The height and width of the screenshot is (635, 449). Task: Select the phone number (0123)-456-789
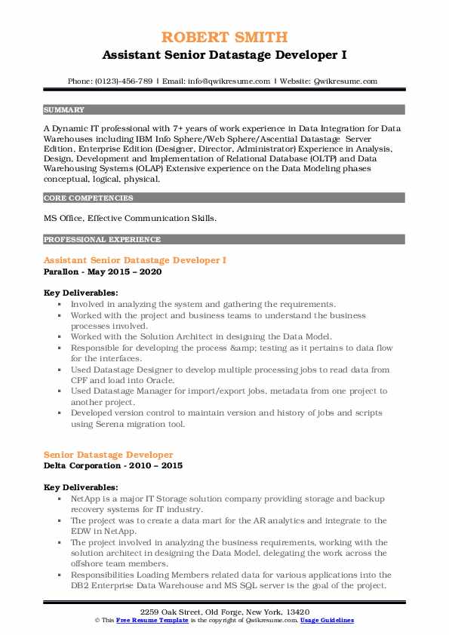point(121,81)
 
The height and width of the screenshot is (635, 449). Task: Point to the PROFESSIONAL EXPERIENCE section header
point(102,240)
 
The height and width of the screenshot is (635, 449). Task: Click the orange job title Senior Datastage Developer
point(109,455)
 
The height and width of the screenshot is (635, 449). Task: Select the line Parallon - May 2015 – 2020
point(103,271)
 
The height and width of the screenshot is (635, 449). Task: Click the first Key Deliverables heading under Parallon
point(81,293)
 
